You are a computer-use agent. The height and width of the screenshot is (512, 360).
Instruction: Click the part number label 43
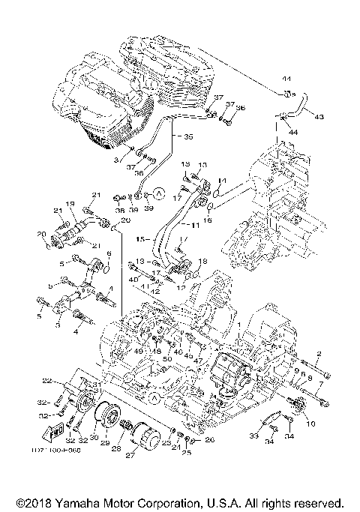[x=319, y=118]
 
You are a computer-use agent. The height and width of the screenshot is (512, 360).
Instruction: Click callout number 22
[x=46, y=380]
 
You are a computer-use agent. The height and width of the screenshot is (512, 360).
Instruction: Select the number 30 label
[x=94, y=439]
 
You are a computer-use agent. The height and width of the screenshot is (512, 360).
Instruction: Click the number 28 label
[x=116, y=448]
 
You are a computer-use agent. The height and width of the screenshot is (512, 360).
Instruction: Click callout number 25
[x=185, y=454]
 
